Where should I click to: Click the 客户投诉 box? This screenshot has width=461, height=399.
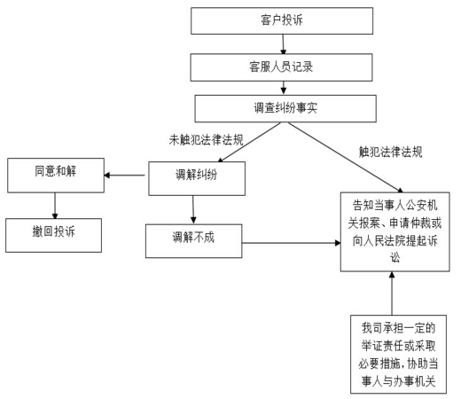point(282,21)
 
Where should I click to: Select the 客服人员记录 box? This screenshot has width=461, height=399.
point(281,67)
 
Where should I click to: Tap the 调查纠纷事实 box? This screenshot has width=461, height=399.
point(285,108)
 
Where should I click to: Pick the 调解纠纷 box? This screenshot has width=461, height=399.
point(197,178)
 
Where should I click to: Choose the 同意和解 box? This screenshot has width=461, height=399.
point(56,176)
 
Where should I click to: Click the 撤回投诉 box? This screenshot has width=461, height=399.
point(54,235)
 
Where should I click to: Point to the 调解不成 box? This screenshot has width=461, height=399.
point(194,241)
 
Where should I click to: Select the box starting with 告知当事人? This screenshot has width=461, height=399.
point(395,231)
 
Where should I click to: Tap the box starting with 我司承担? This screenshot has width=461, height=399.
point(398,354)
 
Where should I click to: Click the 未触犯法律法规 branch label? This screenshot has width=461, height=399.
point(206,140)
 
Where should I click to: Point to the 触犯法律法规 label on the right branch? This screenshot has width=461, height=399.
point(390,152)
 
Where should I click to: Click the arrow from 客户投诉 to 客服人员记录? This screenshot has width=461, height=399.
point(283,44)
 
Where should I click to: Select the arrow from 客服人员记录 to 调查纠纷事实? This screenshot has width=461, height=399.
point(284,88)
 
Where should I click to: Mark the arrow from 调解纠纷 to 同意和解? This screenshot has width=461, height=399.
point(124,176)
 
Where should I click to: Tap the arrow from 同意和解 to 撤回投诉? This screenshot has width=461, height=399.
point(55,206)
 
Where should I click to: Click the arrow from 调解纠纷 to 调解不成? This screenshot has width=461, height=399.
point(193,209)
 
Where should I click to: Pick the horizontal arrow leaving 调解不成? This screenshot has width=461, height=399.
point(292,243)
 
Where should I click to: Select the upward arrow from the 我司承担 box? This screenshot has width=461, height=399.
point(392,293)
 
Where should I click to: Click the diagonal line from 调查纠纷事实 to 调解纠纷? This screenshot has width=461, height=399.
point(249,142)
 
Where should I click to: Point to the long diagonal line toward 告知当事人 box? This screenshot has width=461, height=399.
point(346,158)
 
